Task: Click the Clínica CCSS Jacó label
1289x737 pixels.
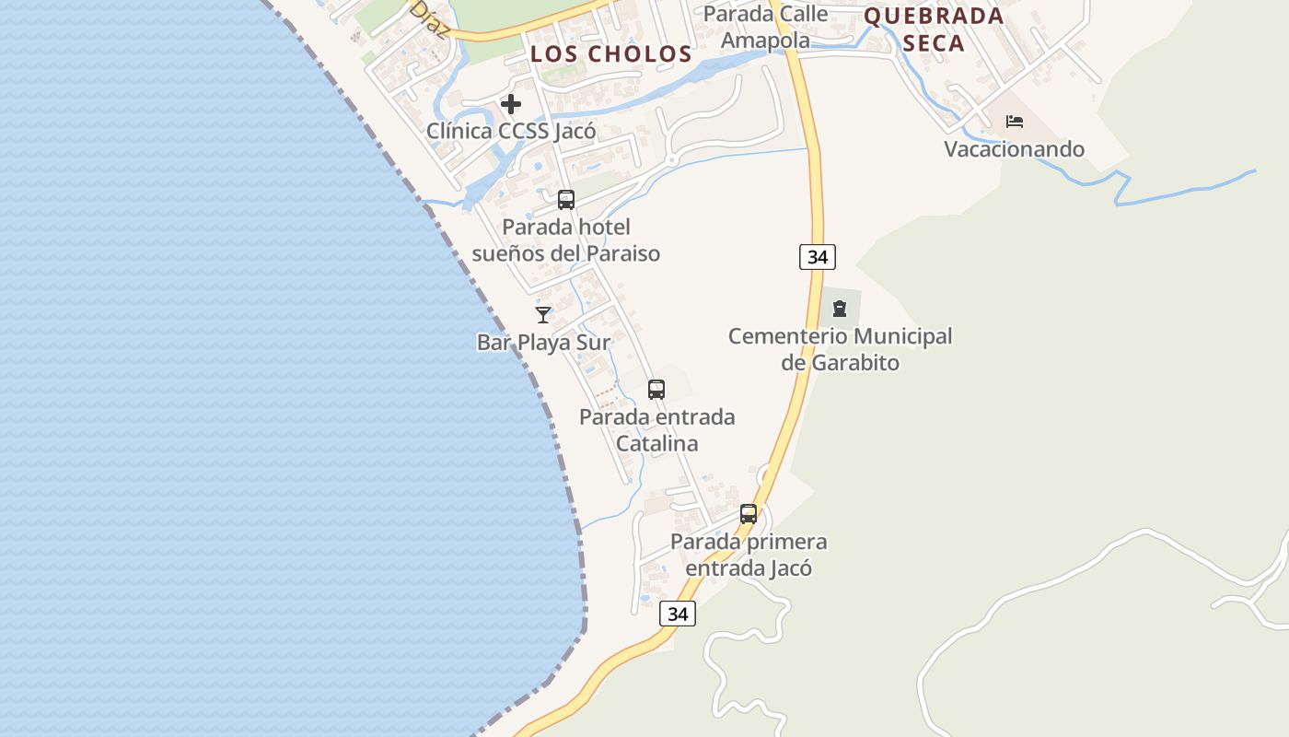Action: click(x=511, y=131)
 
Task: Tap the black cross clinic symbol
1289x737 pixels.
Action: click(x=511, y=104)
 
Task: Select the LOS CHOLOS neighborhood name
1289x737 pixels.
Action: click(x=610, y=53)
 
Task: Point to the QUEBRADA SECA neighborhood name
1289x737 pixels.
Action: click(x=934, y=29)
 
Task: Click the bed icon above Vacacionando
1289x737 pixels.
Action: click(x=1015, y=122)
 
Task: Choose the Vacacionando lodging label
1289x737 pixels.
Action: click(x=1015, y=148)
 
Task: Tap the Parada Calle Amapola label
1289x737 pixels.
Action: click(x=765, y=27)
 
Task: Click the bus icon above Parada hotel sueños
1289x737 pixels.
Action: click(x=566, y=199)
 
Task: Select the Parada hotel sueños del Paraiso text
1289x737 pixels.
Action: click(x=566, y=240)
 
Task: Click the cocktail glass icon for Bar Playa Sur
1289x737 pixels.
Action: click(x=543, y=315)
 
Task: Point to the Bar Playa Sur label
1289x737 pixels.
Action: click(x=543, y=343)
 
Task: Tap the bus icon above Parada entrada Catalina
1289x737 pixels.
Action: click(x=656, y=390)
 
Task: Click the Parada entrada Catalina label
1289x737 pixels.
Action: click(x=656, y=430)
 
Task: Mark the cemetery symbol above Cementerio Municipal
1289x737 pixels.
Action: click(x=840, y=309)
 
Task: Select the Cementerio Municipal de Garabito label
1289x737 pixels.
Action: click(x=840, y=349)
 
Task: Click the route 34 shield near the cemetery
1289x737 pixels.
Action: click(x=818, y=257)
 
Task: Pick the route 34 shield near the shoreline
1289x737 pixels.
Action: click(x=678, y=614)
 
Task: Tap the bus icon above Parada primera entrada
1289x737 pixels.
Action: click(x=749, y=514)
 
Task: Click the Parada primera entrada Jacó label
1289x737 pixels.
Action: click(x=749, y=555)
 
